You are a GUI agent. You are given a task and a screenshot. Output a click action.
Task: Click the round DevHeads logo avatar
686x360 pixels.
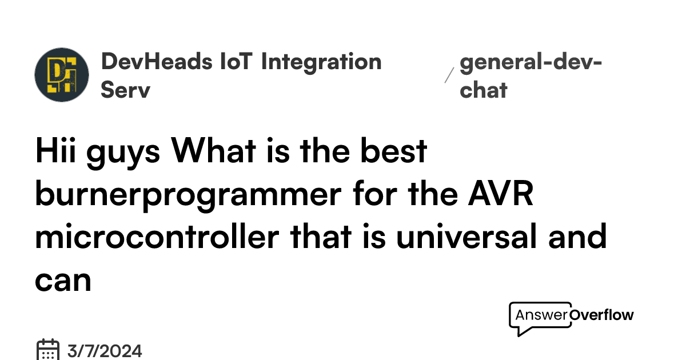pos(62,75)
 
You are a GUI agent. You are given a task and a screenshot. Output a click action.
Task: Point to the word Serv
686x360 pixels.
pos(125,90)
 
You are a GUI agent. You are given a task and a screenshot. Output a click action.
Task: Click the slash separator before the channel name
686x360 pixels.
pos(449,75)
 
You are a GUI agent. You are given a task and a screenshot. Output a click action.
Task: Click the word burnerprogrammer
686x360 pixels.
pos(186,195)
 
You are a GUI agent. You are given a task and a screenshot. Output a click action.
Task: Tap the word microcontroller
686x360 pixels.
pos(155,237)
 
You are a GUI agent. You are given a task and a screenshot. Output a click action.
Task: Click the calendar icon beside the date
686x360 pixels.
pos(48,350)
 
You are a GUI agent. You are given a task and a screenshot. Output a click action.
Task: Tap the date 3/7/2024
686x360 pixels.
pos(105,350)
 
